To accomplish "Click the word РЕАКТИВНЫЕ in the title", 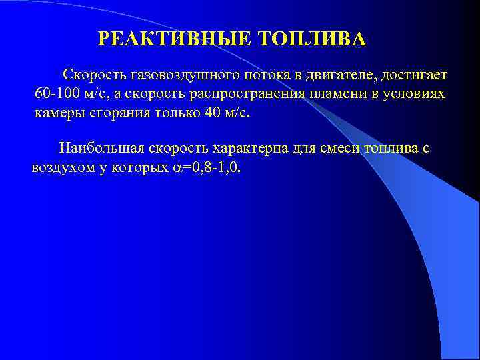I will click(x=175, y=39).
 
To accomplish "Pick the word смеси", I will click(x=315, y=148).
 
